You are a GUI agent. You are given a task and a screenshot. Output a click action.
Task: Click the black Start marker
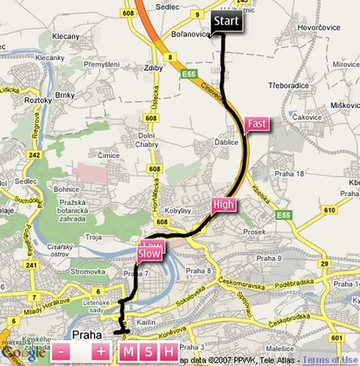click(x=227, y=23)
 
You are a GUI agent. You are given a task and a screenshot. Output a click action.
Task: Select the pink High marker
click(x=223, y=206)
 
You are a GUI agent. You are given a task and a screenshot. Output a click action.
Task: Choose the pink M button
click(x=128, y=352)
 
